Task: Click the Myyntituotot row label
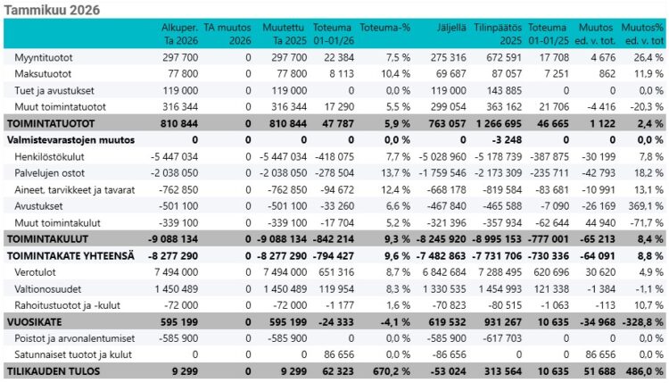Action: coord(44,58)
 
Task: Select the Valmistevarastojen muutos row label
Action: coord(70,140)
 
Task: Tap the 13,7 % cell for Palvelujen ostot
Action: coord(394,173)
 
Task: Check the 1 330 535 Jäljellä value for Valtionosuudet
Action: coord(444,288)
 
